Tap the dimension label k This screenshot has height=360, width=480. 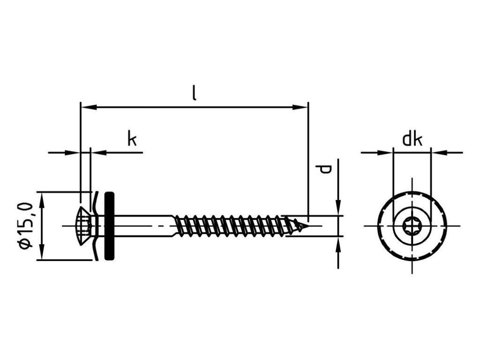[132, 139]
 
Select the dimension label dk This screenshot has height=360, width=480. [412, 139]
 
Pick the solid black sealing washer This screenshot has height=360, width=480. [109, 225]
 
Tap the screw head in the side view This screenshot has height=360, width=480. [84, 225]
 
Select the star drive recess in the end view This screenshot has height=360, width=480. [412, 226]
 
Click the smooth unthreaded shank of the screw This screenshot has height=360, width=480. [145, 225]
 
